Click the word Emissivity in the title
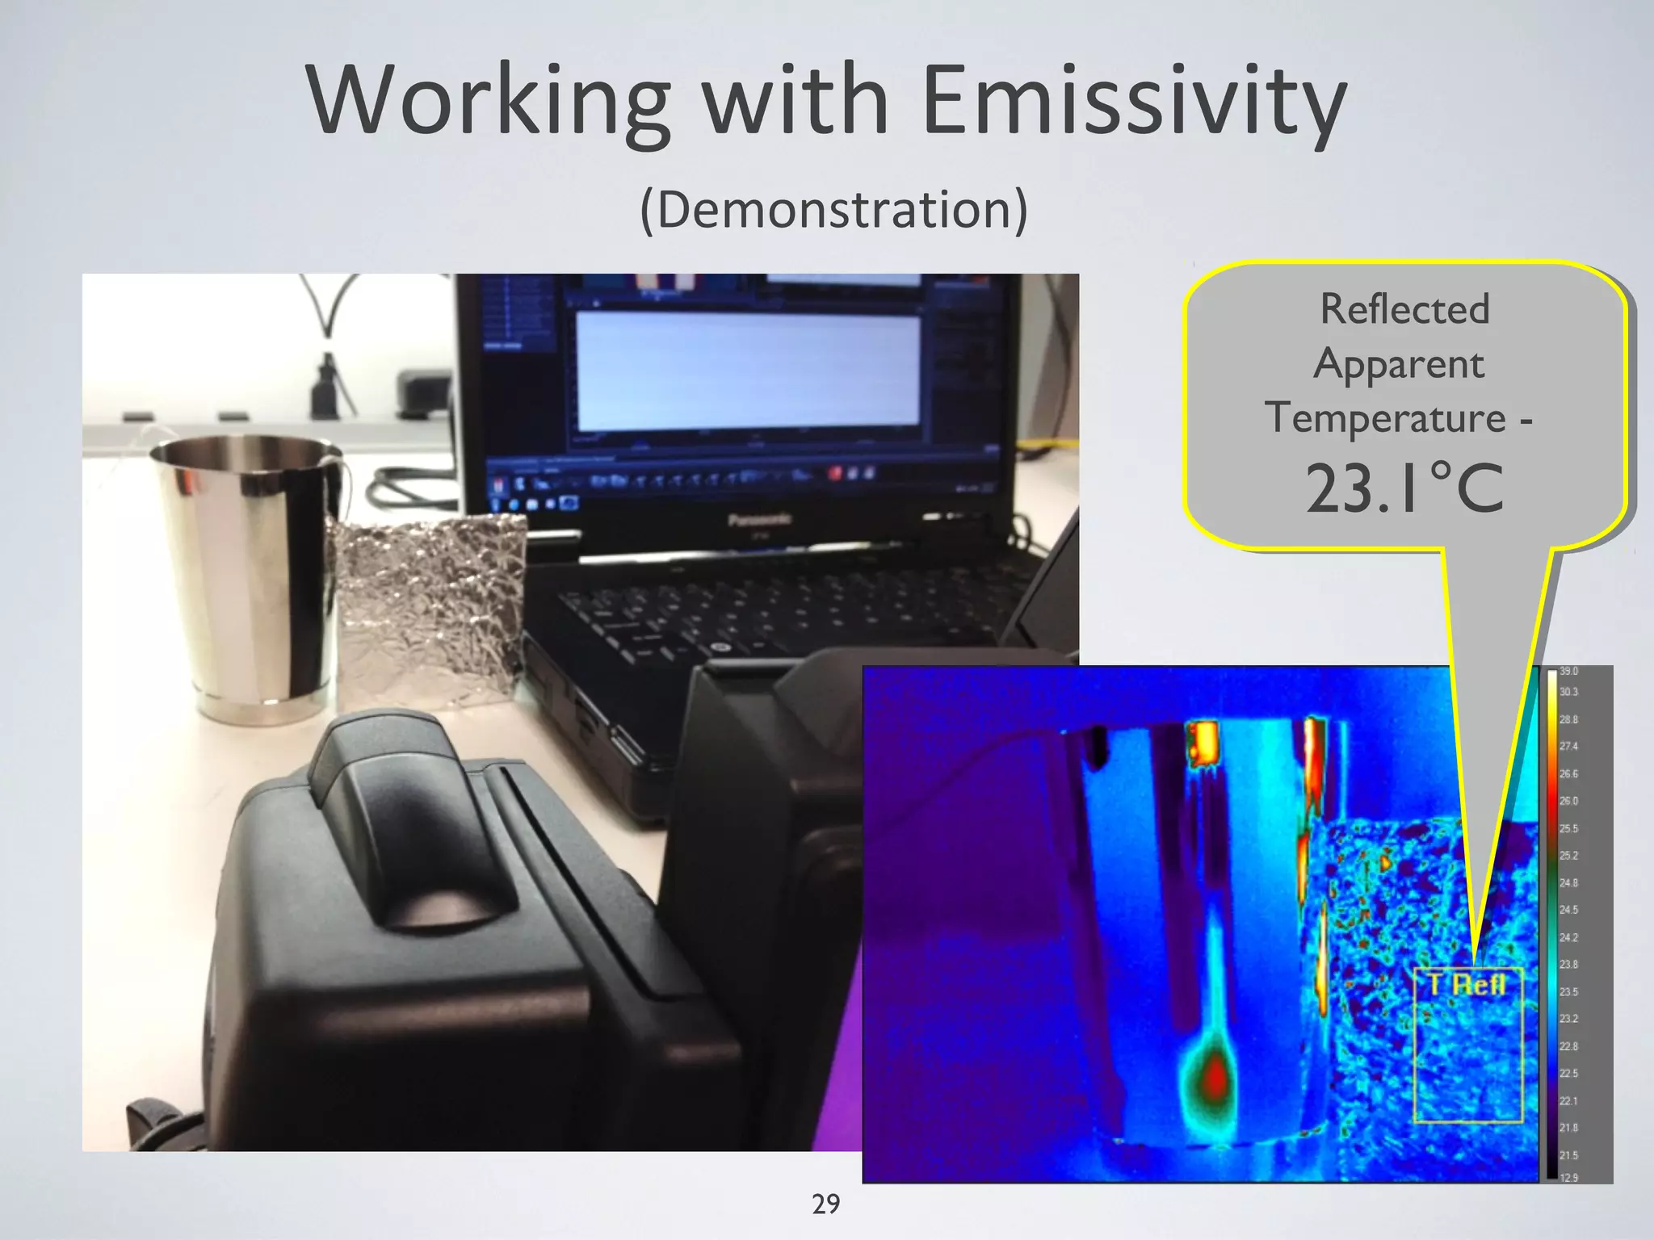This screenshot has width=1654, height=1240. (x=1134, y=101)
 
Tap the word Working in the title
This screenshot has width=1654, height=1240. (x=488, y=101)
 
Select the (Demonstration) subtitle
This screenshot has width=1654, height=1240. (x=833, y=210)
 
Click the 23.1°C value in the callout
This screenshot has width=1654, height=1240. (x=1404, y=488)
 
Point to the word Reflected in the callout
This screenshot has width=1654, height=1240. (x=1404, y=309)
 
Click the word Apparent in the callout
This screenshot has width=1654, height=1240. (x=1398, y=365)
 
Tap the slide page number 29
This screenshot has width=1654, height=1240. (x=825, y=1204)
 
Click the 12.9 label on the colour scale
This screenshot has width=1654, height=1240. (x=1568, y=1178)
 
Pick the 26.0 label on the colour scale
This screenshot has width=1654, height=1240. (x=1568, y=801)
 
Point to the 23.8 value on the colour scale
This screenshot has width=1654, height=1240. (x=1568, y=964)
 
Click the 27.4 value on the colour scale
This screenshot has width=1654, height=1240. (x=1568, y=747)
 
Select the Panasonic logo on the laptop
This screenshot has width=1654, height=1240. (x=759, y=520)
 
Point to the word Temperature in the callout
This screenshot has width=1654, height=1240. (x=1386, y=419)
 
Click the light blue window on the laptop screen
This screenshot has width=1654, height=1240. (x=747, y=371)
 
